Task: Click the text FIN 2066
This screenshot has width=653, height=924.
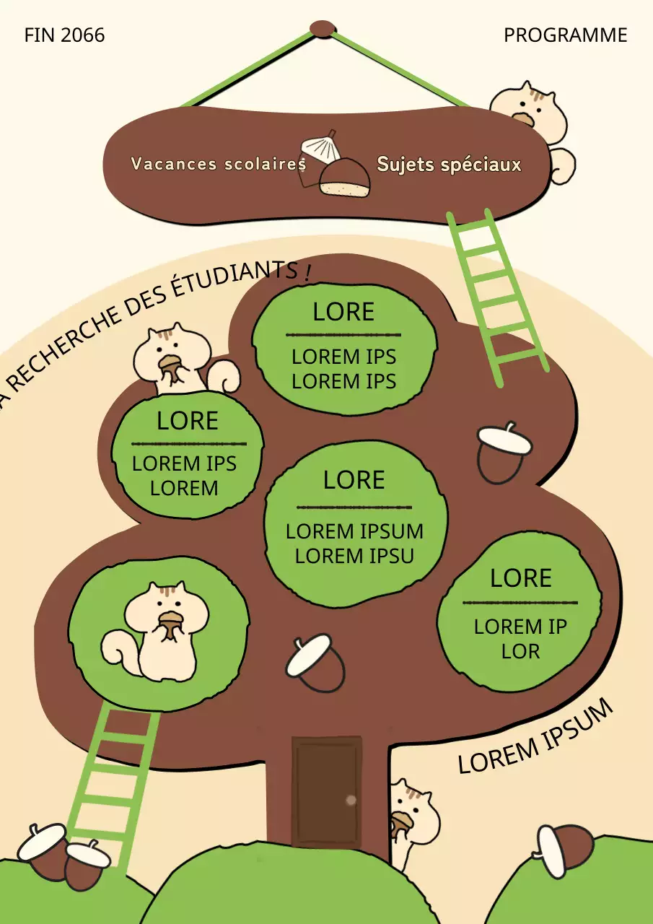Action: tap(64, 35)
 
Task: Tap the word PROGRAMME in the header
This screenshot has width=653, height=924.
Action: tap(565, 35)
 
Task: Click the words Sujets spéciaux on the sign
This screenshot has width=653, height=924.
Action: tap(448, 165)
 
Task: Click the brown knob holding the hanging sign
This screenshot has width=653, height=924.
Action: tap(323, 29)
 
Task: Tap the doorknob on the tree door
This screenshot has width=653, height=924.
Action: tap(351, 800)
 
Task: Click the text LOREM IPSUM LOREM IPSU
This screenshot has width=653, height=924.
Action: tap(354, 544)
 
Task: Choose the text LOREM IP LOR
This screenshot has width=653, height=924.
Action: tap(520, 639)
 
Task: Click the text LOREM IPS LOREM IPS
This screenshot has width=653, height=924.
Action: tap(343, 369)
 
